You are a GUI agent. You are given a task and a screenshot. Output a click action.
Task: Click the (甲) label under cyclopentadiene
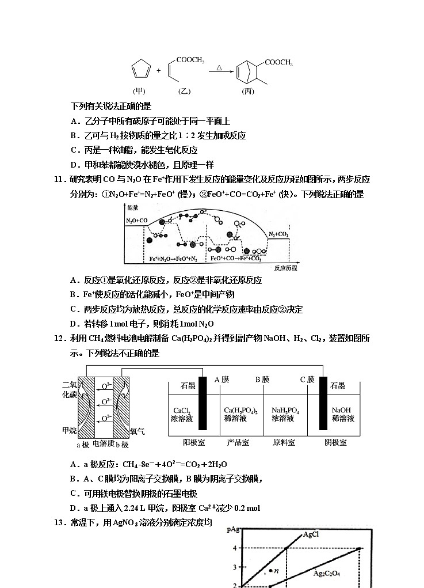click(140, 91)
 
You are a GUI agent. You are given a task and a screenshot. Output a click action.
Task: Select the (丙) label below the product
click(247, 91)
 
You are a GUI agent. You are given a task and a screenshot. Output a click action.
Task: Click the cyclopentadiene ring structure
click(139, 70)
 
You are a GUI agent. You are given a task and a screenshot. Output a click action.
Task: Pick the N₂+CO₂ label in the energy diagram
click(279, 234)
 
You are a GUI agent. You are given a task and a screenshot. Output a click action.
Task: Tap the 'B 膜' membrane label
click(262, 379)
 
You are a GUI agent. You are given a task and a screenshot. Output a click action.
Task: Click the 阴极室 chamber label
click(335, 442)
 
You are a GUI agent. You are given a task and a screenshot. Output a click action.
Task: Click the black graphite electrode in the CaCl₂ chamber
click(203, 403)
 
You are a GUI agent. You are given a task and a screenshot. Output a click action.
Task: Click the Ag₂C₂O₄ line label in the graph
click(326, 573)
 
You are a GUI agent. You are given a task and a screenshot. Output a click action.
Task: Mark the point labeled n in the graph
click(270, 570)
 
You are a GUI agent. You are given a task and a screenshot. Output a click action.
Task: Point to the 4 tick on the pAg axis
click(234, 548)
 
